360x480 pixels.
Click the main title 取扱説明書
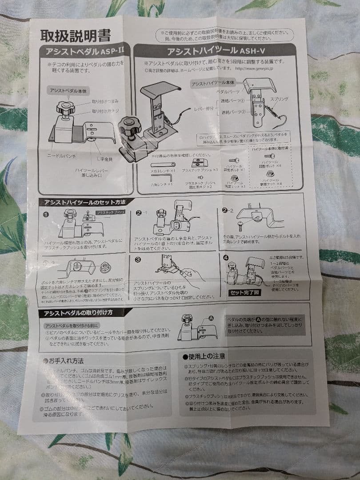[76, 35]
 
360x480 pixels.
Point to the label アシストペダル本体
[68, 91]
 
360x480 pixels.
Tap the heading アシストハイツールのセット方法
[84, 202]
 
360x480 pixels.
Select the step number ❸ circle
[138, 259]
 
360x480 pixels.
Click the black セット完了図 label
[244, 292]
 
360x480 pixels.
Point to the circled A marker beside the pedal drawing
[210, 318]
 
